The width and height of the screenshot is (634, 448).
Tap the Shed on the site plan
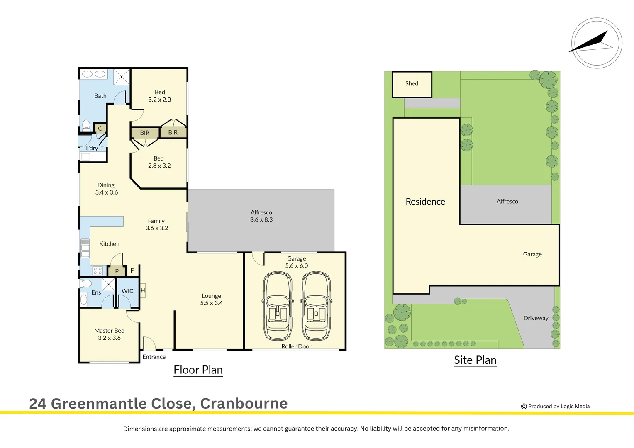412,84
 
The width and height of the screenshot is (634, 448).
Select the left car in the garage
278,306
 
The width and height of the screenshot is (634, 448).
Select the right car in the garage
316,306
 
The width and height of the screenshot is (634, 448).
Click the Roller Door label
296,346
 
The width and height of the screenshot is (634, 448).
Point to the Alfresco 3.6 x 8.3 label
261,216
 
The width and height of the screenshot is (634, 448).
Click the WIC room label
127,291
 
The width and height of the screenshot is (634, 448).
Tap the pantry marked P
117,271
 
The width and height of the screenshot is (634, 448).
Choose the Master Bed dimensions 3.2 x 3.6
109,338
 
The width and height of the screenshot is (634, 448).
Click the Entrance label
154,357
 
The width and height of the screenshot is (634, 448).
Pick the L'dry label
92,148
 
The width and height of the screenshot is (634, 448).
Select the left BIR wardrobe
144,133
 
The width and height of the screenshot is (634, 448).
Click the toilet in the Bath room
86,125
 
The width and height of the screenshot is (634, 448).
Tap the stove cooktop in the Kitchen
98,271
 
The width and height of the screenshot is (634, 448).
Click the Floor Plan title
198,370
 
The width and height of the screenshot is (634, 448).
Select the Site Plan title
475,360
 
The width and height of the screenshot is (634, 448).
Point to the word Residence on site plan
425,202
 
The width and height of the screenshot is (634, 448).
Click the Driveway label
536,318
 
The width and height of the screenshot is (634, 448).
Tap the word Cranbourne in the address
244,404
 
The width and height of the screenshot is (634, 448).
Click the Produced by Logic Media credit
556,407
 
